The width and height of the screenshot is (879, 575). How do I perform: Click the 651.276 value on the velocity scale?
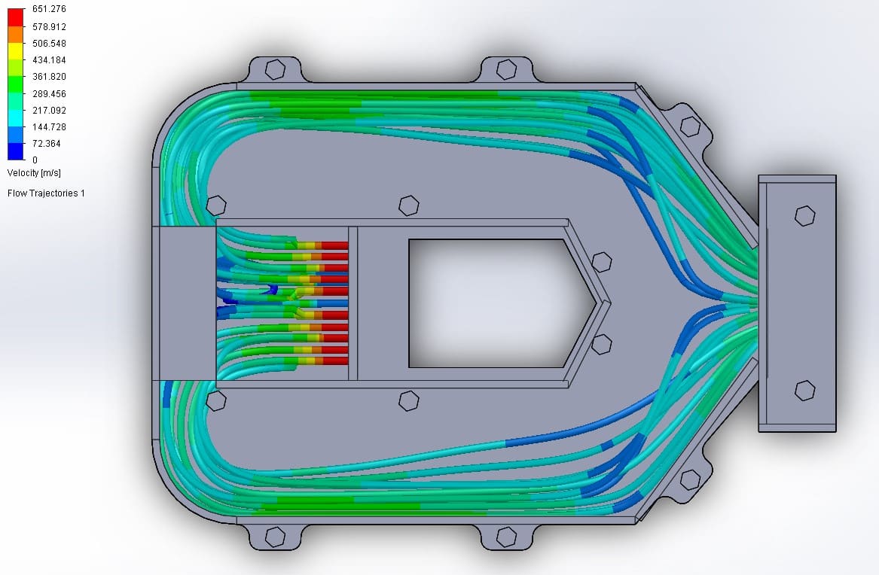(x=49, y=9)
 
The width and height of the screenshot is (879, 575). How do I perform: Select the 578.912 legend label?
(x=49, y=26)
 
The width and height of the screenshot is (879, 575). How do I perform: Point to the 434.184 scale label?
(x=49, y=60)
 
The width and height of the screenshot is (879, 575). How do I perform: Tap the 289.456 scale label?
(x=49, y=93)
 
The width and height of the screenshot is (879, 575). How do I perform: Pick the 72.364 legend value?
(x=47, y=143)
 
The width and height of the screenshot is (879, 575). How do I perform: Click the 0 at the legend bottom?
(x=35, y=160)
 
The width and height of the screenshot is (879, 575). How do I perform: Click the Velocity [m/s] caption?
(x=34, y=173)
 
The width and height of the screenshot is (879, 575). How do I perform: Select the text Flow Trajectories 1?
(x=46, y=193)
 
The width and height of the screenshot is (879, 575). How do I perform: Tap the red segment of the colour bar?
(x=16, y=17)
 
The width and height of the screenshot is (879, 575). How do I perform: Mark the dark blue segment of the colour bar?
(x=16, y=151)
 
